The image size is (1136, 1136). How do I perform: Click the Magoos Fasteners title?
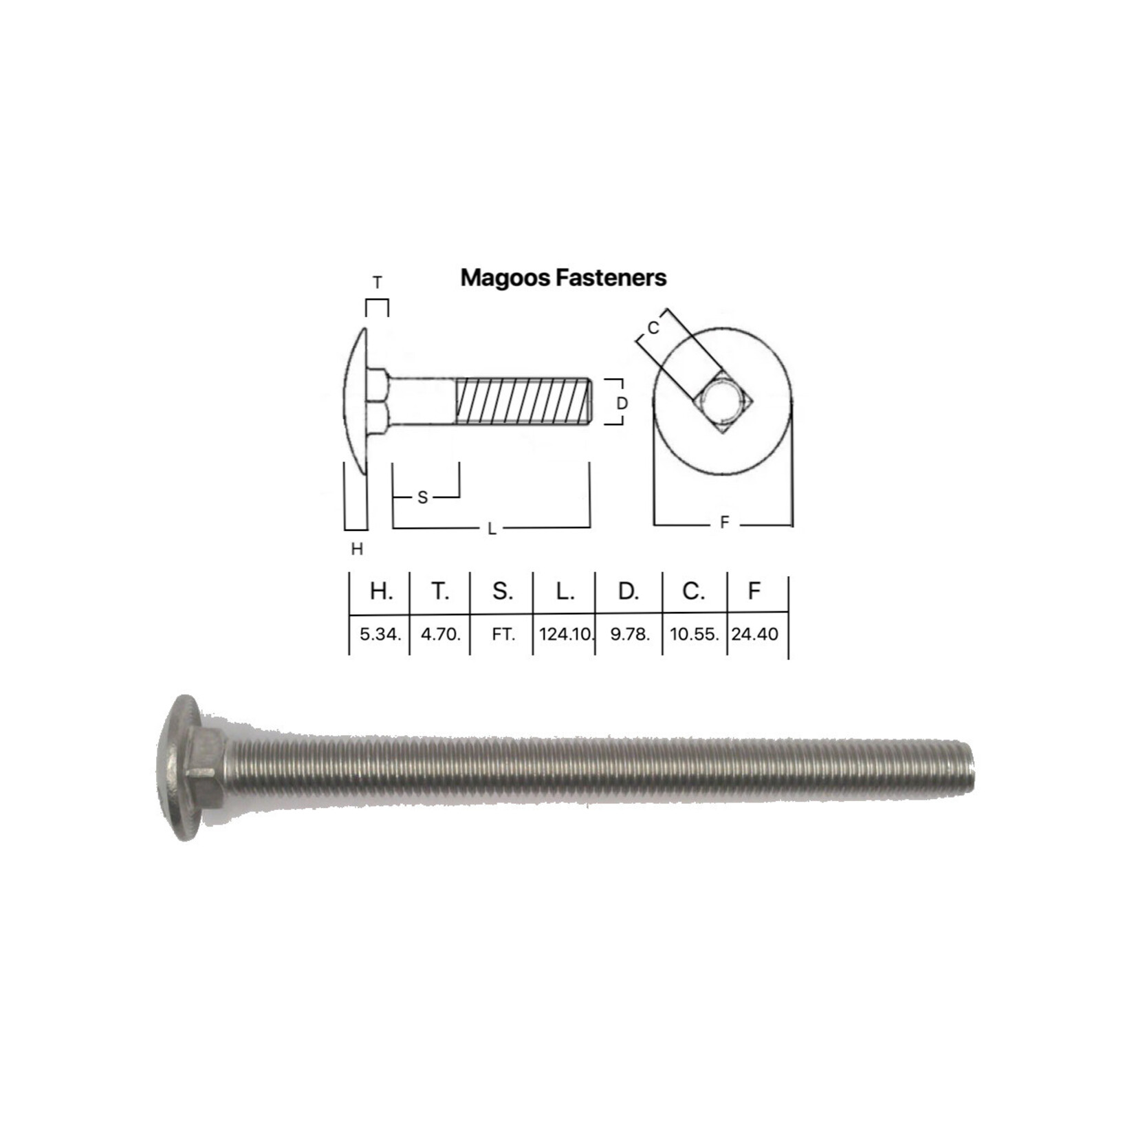click(x=563, y=278)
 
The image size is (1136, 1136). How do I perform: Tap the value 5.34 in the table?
click(x=380, y=634)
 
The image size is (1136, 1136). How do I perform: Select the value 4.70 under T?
click(x=440, y=634)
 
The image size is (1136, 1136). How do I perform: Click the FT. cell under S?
click(x=503, y=634)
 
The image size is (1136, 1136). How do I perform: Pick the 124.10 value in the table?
click(x=565, y=634)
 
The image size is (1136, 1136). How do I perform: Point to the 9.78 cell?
click(x=629, y=634)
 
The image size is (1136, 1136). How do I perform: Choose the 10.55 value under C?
click(x=694, y=634)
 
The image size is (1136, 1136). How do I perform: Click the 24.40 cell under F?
click(x=754, y=634)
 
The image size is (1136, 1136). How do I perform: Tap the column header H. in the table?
click(x=380, y=591)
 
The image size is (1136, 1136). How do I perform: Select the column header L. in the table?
click(x=565, y=591)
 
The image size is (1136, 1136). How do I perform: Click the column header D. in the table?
click(x=628, y=591)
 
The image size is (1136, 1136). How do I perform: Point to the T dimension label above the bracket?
click(x=377, y=283)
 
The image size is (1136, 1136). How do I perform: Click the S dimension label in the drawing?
click(x=422, y=497)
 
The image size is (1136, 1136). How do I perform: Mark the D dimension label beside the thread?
click(x=622, y=404)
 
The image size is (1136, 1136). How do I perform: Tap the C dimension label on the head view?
click(x=653, y=328)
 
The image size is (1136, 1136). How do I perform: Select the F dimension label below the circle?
click(x=723, y=523)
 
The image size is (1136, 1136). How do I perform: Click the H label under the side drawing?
click(x=356, y=549)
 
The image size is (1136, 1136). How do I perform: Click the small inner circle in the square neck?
click(x=722, y=402)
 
